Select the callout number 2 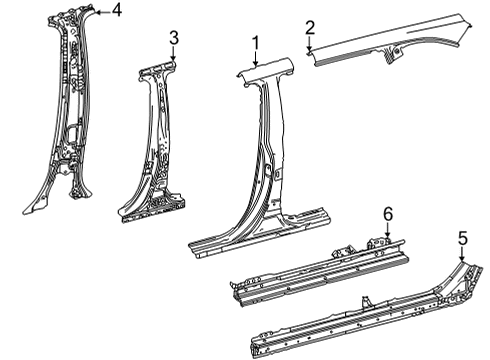(310, 27)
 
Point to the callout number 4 (116, 11)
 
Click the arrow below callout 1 (256, 58)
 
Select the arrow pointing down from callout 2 (310, 44)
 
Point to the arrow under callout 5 (462, 254)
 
